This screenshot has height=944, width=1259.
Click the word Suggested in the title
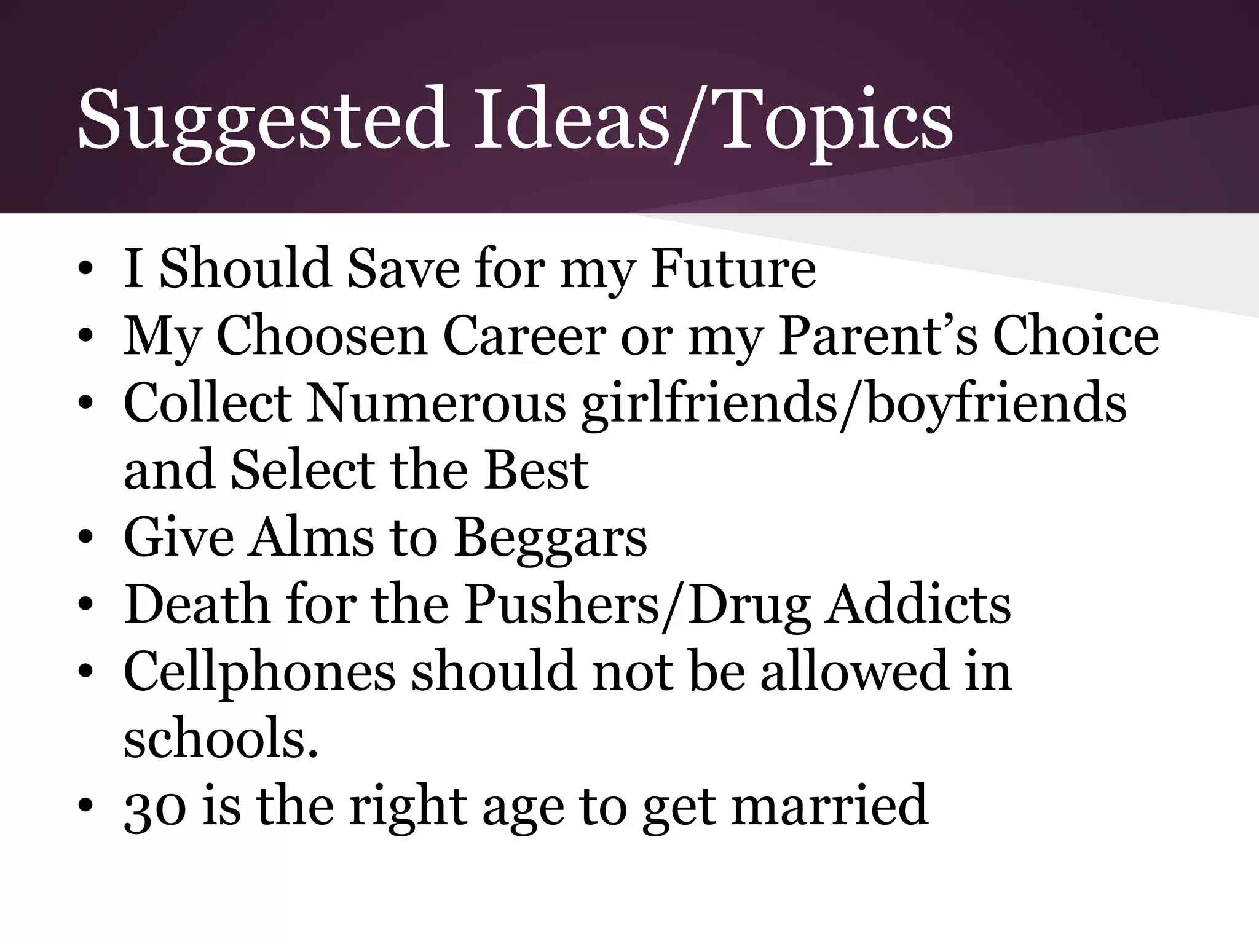[x=261, y=120]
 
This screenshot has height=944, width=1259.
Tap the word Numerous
[x=436, y=404]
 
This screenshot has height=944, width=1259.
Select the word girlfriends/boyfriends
[x=854, y=404]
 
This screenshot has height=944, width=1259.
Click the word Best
[x=536, y=471]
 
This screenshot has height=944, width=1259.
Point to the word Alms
[x=311, y=538]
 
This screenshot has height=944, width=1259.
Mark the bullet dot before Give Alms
[x=86, y=538]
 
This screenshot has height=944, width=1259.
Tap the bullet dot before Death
[x=86, y=605]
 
